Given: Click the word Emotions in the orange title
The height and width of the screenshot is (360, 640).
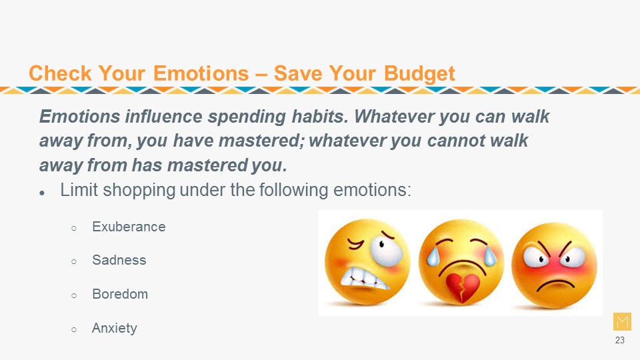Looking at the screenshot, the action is tap(201, 73).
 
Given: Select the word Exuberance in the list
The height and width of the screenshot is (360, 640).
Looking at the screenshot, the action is tap(129, 227).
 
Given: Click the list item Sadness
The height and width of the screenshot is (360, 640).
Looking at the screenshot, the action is tap(119, 260).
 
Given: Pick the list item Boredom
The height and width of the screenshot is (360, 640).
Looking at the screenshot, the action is tap(120, 294).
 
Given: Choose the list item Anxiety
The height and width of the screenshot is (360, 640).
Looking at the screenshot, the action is tap(114, 328).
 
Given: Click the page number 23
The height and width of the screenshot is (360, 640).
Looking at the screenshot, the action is tap(619, 340).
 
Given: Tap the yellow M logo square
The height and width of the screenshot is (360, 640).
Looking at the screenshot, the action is tap(622, 321).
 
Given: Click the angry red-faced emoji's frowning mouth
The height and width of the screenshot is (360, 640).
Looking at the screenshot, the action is tap(555, 283).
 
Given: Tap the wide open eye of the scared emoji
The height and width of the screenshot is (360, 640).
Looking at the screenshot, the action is tap(386, 250).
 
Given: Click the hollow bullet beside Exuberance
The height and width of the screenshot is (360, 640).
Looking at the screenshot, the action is tap(74, 228).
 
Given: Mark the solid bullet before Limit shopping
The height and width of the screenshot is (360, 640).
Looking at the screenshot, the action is tap(42, 193).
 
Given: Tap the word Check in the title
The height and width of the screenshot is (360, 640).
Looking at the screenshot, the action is tap(60, 73).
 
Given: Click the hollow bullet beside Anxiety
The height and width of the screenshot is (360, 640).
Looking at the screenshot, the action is tap(74, 329).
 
